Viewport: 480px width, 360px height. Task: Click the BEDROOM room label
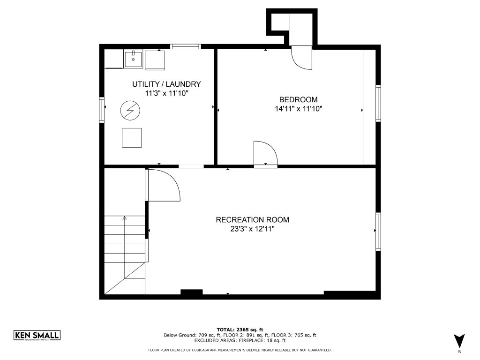tap(298, 99)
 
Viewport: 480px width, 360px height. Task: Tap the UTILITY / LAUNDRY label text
tap(166, 84)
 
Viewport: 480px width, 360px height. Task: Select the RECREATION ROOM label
tap(253, 220)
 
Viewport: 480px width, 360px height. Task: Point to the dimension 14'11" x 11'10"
tap(299, 109)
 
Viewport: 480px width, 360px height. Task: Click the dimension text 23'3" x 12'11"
tap(253, 229)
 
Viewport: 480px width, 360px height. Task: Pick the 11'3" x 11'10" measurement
tap(166, 93)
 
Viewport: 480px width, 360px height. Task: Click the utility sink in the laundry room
tap(133, 60)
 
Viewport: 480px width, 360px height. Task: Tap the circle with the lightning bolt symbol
tap(130, 110)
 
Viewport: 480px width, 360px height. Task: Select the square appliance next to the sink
tap(155, 60)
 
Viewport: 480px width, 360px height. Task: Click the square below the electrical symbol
tap(132, 138)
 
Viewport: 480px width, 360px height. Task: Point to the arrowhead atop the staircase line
tap(125, 218)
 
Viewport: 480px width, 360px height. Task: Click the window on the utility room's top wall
tap(186, 46)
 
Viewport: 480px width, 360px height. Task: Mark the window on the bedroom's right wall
tap(378, 104)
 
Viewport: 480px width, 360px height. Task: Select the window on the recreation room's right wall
tap(378, 232)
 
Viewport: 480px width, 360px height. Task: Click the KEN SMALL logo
tap(37, 335)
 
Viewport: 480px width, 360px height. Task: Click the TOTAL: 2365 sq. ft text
tap(240, 330)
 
